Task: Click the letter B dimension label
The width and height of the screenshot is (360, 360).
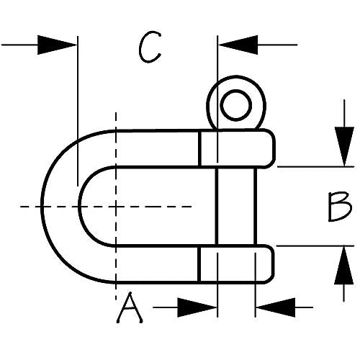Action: tap(339, 207)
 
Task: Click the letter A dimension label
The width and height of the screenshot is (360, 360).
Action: tap(130, 308)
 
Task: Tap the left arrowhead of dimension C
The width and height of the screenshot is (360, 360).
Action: tap(57, 45)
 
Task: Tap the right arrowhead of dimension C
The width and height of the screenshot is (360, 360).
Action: tap(238, 45)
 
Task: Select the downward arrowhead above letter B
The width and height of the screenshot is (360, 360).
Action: tap(344, 146)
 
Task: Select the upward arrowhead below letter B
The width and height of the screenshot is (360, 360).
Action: tap(344, 266)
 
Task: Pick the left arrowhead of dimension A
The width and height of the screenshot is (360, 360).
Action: tap(197, 307)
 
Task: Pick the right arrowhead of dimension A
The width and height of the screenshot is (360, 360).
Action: tap(275, 307)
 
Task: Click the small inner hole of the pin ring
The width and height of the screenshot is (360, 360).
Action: tap(236, 105)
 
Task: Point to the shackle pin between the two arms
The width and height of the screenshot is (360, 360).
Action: tap(237, 207)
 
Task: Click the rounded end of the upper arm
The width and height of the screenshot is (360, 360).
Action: tap(270, 148)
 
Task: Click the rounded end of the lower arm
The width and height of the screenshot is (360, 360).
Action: tap(269, 264)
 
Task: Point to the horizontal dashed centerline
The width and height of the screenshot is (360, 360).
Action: tap(106, 207)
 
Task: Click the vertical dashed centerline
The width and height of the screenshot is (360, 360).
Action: tap(116, 207)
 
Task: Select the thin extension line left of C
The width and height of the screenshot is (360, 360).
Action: tap(78, 111)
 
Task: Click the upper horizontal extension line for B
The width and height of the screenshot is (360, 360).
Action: tap(316, 166)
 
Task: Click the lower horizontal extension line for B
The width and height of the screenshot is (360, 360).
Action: tap(315, 246)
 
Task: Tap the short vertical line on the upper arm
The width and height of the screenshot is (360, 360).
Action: tap(200, 148)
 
